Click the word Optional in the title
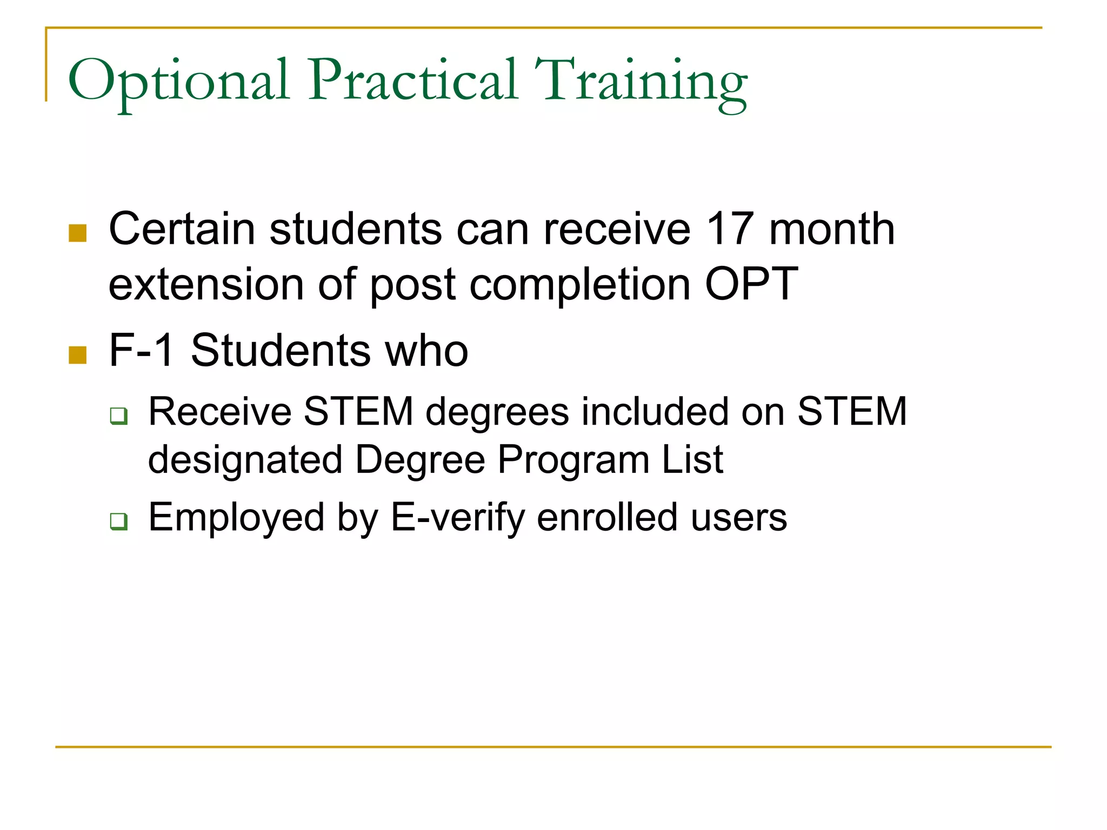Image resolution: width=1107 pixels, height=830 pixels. click(x=178, y=81)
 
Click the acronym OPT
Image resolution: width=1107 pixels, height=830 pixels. click(x=751, y=284)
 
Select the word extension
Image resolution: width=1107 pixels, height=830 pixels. click(x=206, y=284)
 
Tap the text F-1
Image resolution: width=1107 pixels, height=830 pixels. click(x=142, y=351)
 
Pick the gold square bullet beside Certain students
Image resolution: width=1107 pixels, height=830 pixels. click(x=78, y=233)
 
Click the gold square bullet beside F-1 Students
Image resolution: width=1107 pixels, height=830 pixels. click(x=78, y=355)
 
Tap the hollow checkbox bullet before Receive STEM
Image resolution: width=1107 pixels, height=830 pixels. click(x=118, y=416)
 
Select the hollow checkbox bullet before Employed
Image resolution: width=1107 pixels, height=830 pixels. click(x=118, y=521)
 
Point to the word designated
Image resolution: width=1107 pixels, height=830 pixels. click(x=245, y=460)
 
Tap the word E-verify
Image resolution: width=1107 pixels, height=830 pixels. click(x=457, y=518)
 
